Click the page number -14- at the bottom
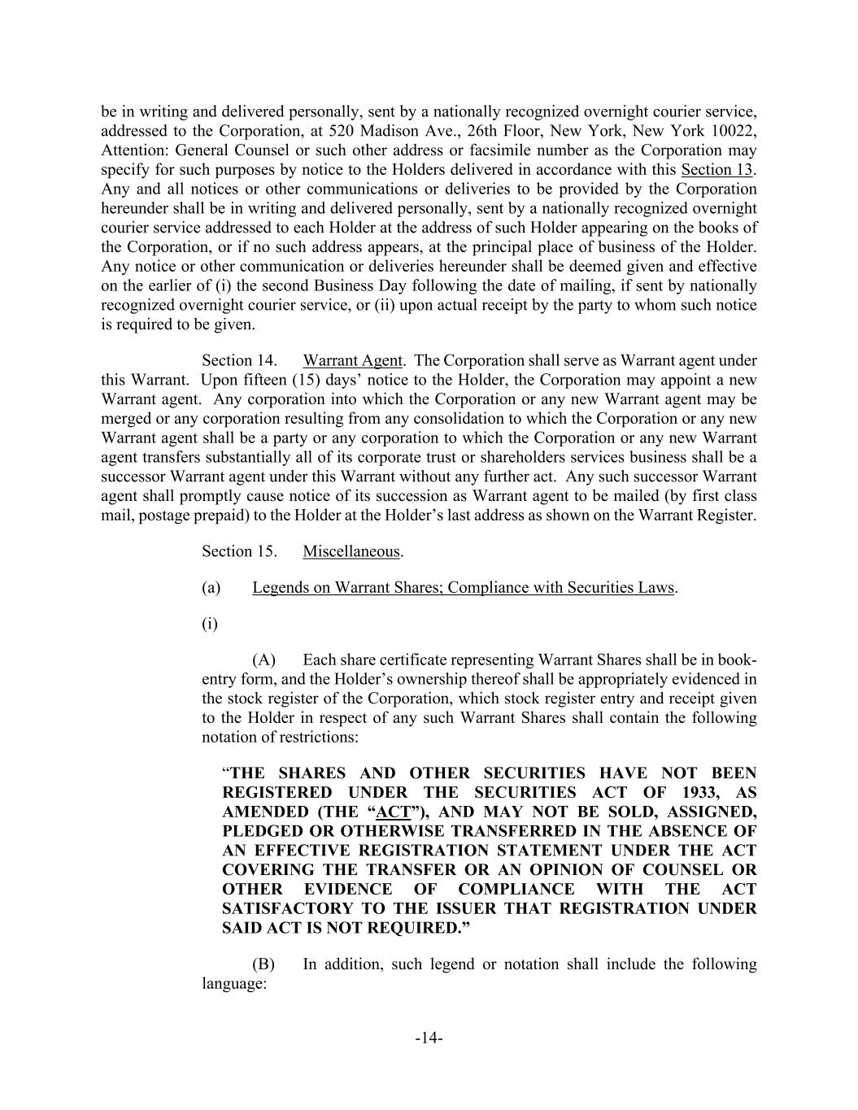(429, 1038)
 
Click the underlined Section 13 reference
(716, 170)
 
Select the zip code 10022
(736, 132)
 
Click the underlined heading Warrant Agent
(352, 360)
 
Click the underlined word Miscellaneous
(351, 551)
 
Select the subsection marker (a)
(211, 587)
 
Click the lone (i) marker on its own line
(209, 624)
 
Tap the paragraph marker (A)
(264, 659)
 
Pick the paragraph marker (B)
(263, 964)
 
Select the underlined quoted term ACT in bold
(394, 812)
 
